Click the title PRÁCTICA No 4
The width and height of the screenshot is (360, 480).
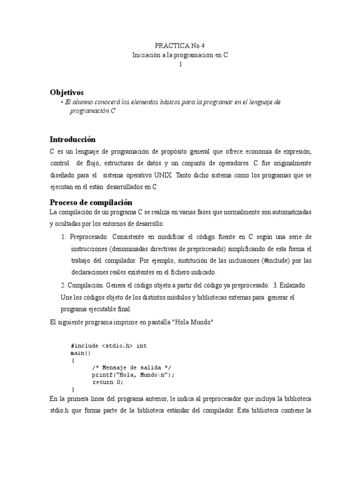(180, 45)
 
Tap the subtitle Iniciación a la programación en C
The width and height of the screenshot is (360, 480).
(180, 55)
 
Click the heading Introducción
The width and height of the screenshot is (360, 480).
(73, 139)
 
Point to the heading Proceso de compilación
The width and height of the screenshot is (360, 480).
(91, 202)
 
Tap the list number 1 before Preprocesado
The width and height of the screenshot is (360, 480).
(64, 236)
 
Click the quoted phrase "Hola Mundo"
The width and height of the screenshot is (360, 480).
(194, 322)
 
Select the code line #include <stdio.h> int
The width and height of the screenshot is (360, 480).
(109, 345)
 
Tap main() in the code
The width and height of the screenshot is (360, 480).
(80, 353)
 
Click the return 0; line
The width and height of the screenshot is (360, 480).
(108, 382)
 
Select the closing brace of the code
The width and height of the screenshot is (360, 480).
(73, 390)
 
